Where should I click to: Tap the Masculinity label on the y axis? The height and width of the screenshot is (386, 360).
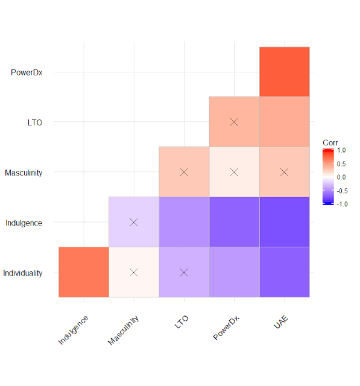pyautogui.click(x=24, y=172)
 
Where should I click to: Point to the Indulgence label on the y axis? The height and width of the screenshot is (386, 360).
pyautogui.click(x=24, y=223)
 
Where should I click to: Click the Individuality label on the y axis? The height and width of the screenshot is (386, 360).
pyautogui.click(x=23, y=273)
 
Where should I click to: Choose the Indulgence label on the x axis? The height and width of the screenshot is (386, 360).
pyautogui.click(x=74, y=330)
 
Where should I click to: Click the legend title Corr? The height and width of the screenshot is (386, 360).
pyautogui.click(x=330, y=142)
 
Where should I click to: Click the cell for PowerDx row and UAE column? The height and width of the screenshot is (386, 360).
pyautogui.click(x=285, y=72)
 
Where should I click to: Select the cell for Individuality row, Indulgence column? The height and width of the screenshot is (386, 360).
pyautogui.click(x=84, y=272)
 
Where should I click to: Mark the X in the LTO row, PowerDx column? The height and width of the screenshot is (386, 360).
pyautogui.click(x=235, y=122)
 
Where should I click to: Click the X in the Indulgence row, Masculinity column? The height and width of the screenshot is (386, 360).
pyautogui.click(x=134, y=223)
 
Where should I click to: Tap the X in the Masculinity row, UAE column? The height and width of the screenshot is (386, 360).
pyautogui.click(x=285, y=172)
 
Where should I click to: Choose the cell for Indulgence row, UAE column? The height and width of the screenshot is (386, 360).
pyautogui.click(x=285, y=222)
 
